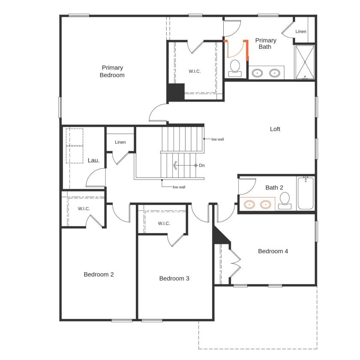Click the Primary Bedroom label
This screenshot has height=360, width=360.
coord(112,71)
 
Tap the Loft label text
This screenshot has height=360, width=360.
coord(275,129)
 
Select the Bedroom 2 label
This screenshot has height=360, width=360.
coord(99,274)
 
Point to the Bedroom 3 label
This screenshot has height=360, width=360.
coord(174,279)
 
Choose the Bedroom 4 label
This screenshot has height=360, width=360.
coord(273,251)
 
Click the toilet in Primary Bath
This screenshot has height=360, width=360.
coord(235,68)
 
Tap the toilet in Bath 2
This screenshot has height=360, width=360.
coord(285,200)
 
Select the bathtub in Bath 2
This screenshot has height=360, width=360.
coord(306,194)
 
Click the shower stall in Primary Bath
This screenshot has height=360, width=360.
coord(305,62)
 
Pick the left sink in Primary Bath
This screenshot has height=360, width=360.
coord(257,73)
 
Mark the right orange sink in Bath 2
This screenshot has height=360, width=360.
coord(266,205)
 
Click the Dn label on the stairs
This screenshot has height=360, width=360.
coord(202,165)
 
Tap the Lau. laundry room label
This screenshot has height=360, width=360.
coord(93,160)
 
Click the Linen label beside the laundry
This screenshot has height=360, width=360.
coord(120,142)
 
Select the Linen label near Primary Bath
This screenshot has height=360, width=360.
coord(301,31)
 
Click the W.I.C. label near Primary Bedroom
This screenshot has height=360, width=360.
coord(195,71)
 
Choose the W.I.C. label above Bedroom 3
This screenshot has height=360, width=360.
coord(164,223)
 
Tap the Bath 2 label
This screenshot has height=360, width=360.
coord(274,187)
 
